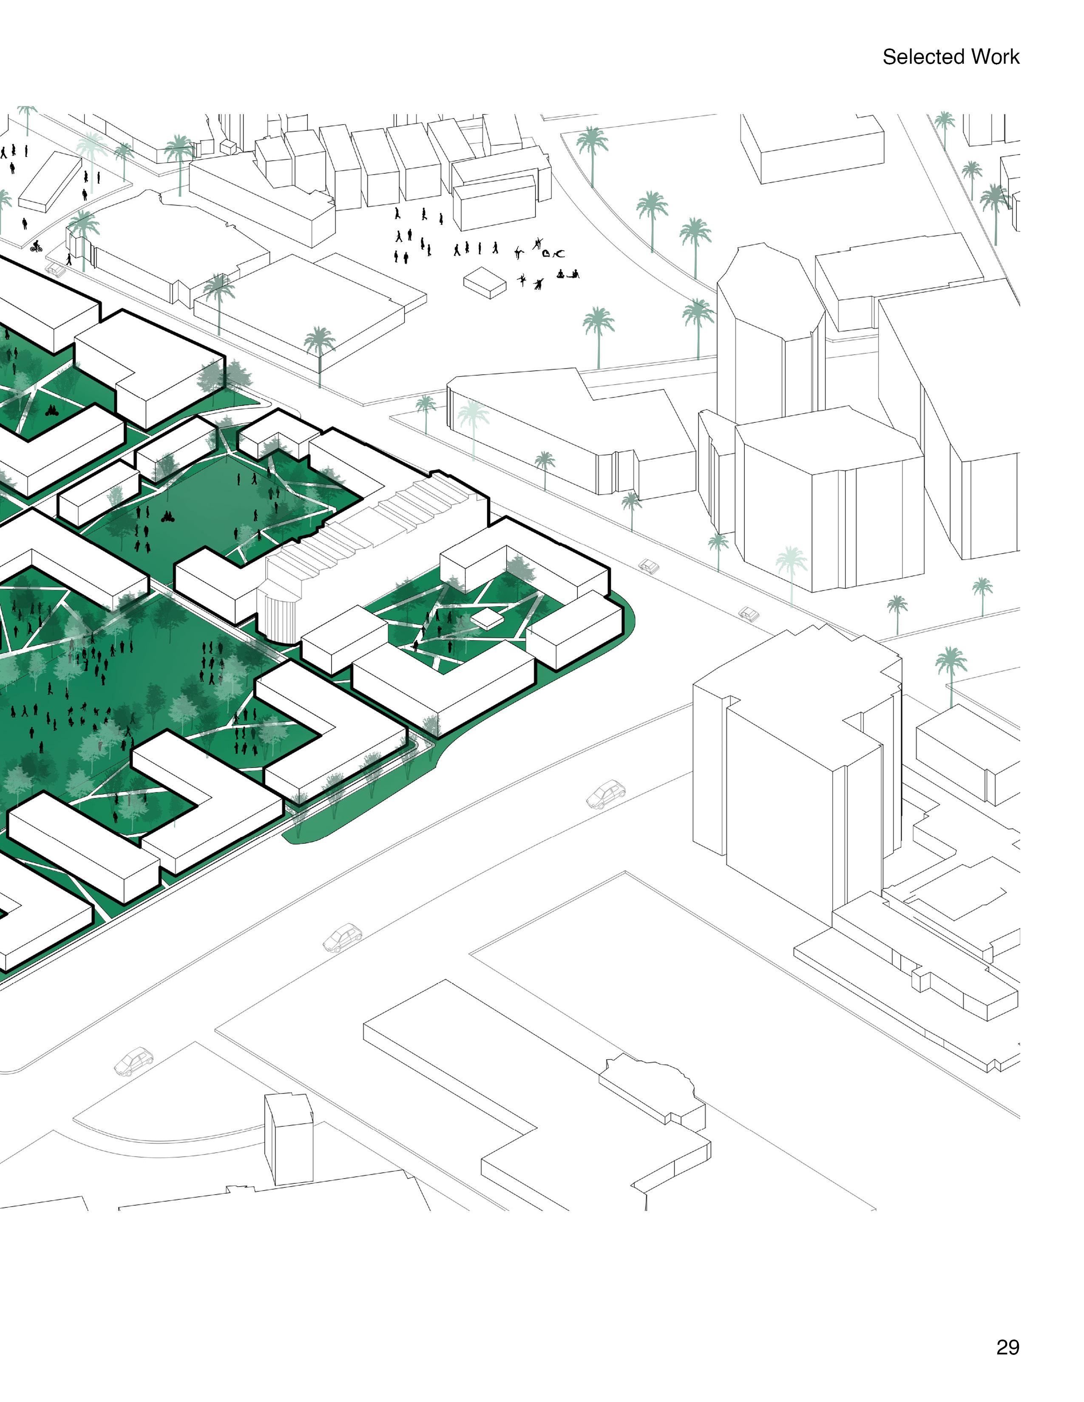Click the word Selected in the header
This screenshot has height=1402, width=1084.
tap(923, 57)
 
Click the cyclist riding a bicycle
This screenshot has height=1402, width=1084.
tap(36, 246)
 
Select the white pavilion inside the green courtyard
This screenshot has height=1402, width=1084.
tap(486, 618)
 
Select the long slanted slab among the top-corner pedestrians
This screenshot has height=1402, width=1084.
tap(50, 182)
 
